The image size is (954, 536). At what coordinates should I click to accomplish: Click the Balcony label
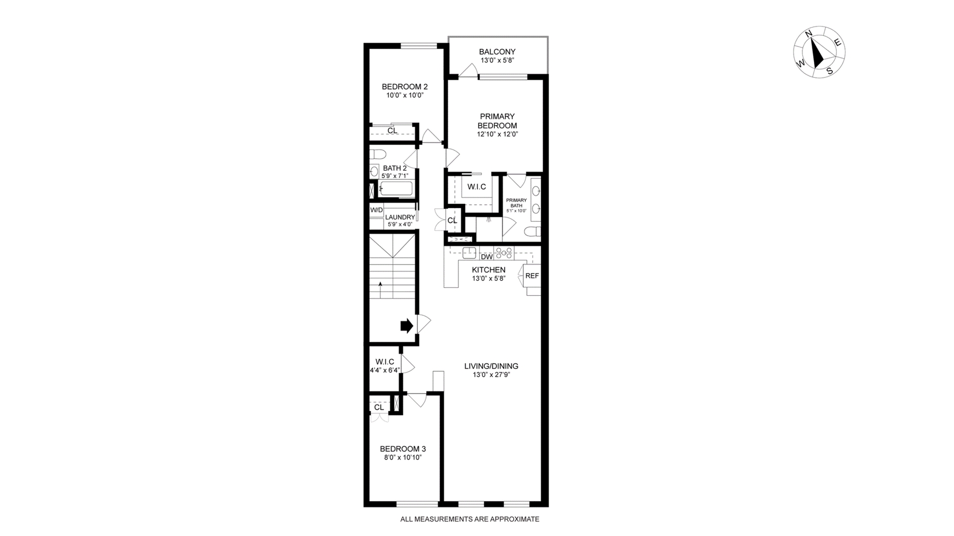coord(497,52)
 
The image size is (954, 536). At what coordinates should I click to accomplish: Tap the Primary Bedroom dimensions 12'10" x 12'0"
coord(497,134)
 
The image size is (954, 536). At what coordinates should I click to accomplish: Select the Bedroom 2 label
coord(404,86)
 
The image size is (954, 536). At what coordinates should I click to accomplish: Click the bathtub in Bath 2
coord(396,189)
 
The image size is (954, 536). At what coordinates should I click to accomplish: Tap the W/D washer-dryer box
coord(377,210)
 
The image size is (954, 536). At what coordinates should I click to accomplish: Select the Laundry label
coord(400,217)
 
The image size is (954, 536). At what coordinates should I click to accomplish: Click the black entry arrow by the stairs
coord(406,326)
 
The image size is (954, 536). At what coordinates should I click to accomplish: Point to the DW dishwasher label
coord(486,257)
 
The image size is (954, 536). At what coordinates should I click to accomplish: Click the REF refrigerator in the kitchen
coord(532,275)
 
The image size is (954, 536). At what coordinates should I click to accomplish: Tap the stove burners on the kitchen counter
coord(503,253)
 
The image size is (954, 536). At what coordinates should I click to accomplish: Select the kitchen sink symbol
coord(469,253)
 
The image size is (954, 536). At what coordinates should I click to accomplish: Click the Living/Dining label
coord(491,366)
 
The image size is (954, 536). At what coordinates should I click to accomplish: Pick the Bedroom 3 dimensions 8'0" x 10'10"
coord(402,458)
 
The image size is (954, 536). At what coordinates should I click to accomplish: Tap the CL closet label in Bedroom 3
coord(379,407)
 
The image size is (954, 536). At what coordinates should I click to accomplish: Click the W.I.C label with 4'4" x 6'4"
coord(385,362)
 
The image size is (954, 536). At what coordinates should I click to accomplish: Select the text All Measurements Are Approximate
coord(470,519)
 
